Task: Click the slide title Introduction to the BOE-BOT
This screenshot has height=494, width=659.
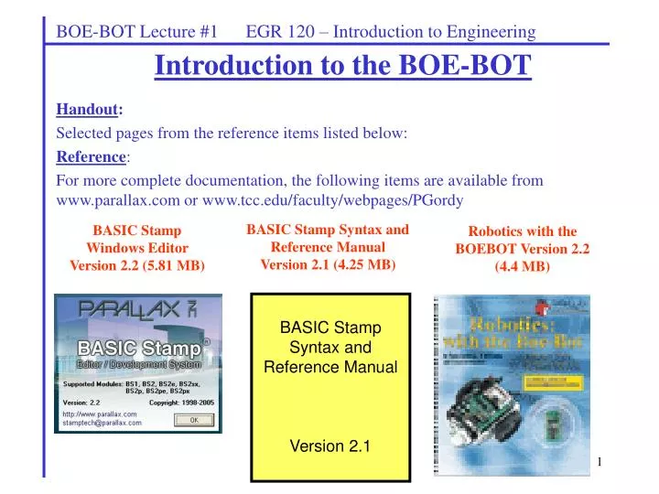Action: (342, 66)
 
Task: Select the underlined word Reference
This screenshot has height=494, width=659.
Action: (90, 156)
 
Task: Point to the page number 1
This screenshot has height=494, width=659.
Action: (600, 461)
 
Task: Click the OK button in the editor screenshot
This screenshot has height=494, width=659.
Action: (193, 420)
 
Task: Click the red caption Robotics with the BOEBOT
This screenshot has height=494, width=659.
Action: (522, 240)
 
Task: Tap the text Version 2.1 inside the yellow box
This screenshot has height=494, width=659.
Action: (330, 446)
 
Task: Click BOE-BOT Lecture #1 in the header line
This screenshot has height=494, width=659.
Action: (136, 32)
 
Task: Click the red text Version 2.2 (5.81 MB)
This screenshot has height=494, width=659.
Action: (137, 265)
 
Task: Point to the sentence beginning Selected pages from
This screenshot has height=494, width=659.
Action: (232, 134)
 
